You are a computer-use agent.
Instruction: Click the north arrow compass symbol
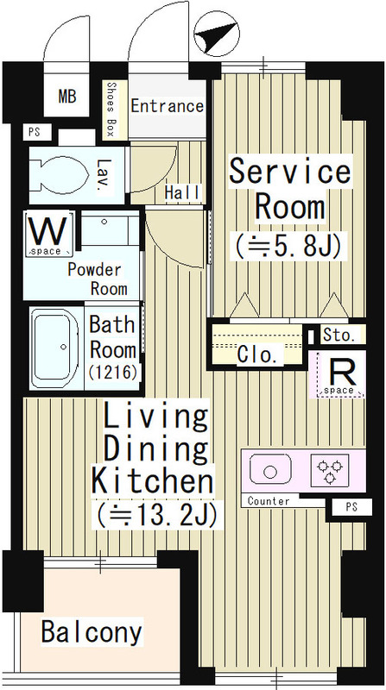pos(217,34)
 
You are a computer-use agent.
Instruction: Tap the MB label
pos(67,96)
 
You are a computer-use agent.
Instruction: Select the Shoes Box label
pos(111,110)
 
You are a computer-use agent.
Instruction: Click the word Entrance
pos(168,106)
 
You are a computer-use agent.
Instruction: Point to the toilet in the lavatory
pos(60,175)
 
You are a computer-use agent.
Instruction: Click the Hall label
pos(182,192)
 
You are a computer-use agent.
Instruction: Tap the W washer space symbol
pos(49,234)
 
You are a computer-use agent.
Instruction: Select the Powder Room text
pos(97,279)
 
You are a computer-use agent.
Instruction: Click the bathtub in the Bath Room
pos(55,348)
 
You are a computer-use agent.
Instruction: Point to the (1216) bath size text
pos(113,373)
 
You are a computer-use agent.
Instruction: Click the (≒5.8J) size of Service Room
pos(288,248)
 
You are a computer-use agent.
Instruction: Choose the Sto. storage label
pos(339,336)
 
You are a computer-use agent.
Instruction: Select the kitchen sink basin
pos(270,470)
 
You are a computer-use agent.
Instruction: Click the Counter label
pos(269,501)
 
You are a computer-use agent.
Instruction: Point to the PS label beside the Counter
pos(351,507)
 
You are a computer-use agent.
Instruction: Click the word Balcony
pos(92,632)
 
